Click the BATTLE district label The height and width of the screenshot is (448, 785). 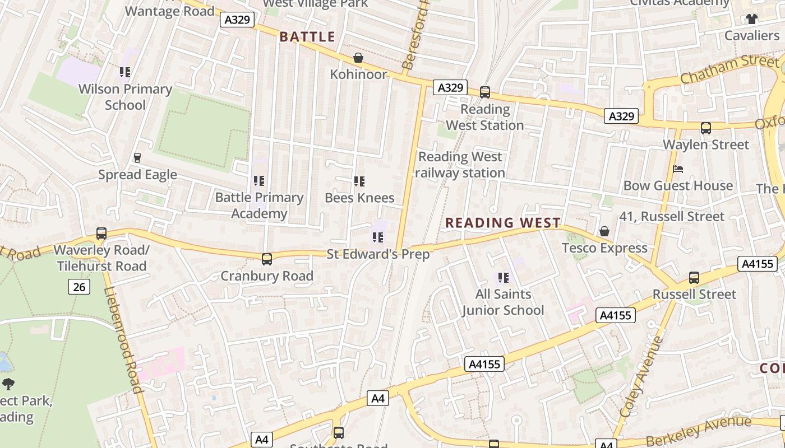[307, 37]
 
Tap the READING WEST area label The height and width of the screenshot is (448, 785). [503, 223]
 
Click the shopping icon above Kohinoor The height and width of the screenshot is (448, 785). [358, 58]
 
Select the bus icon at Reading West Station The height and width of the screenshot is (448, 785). [485, 92]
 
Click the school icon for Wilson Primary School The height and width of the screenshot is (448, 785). [125, 72]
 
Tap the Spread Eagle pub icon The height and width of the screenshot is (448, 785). [137, 158]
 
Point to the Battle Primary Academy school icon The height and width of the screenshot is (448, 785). [258, 181]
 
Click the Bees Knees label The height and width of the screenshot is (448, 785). [359, 198]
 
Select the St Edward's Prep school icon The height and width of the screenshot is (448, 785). [378, 238]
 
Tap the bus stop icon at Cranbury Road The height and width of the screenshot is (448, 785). [267, 259]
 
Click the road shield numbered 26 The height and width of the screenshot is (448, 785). [79, 287]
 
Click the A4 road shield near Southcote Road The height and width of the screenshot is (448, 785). [378, 398]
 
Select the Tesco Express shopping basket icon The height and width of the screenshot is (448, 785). [604, 231]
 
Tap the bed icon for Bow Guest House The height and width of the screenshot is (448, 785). [678, 169]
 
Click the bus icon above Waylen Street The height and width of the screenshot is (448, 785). [706, 128]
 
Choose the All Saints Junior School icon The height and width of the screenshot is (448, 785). [503, 278]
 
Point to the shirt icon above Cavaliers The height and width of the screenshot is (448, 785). [752, 19]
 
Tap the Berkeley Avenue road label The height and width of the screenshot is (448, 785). [698, 431]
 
